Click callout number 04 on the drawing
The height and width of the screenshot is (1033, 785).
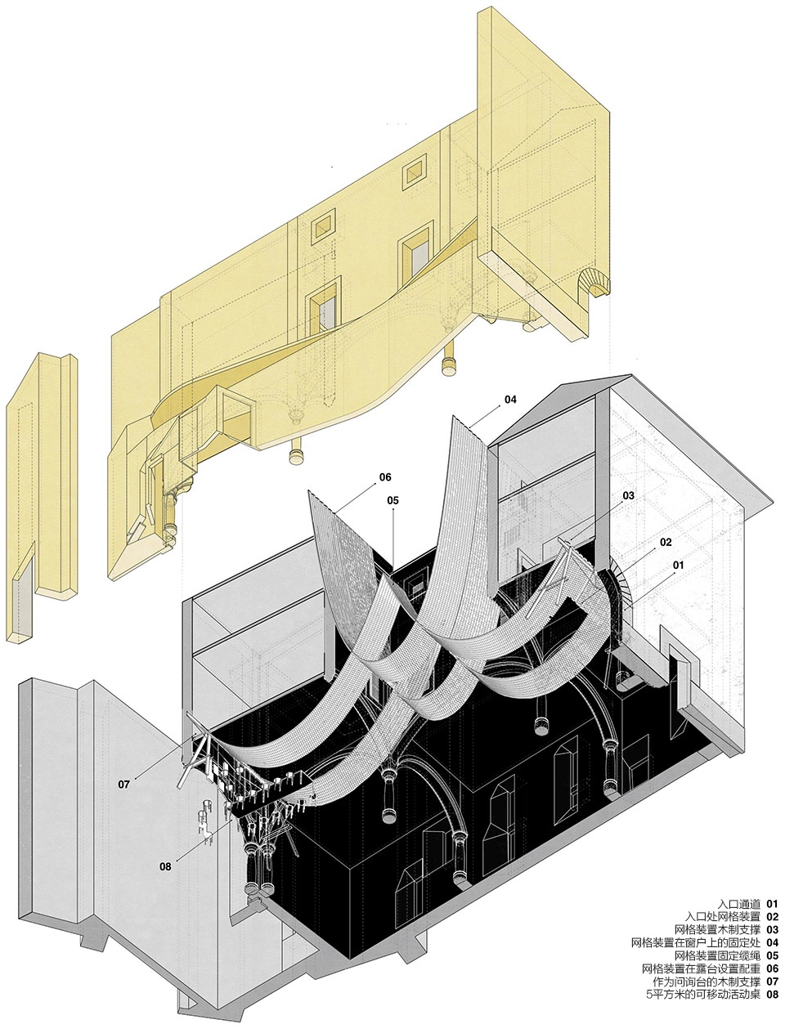pos(510,400)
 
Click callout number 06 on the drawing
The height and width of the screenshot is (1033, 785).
pos(385,477)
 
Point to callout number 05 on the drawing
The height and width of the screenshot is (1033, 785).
pos(392,500)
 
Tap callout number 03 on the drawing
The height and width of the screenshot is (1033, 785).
pos(628,495)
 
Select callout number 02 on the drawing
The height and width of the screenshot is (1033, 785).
pos(666,542)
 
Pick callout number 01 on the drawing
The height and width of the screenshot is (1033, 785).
pos(678,565)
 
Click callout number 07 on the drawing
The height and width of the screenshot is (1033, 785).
pos(123,785)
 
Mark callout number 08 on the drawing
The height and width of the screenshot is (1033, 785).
pos(165,866)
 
